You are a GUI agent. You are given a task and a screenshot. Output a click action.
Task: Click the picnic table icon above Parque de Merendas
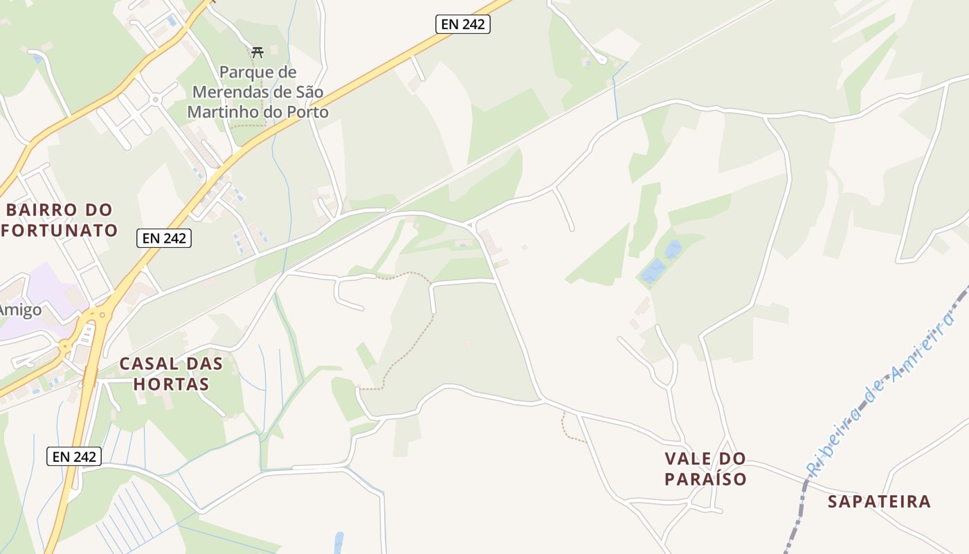pos(257,51)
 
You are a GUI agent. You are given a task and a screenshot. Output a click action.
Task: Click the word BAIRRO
pos(40,210)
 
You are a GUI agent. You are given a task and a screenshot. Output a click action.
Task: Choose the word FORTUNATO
pos(60,230)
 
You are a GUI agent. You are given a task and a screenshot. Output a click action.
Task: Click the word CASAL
pos(150,364)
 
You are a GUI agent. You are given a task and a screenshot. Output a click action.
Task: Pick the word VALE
pos(705,458)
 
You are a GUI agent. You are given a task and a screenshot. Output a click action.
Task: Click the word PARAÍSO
pos(705,479)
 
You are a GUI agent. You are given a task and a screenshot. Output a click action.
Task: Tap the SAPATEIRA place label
pos(879,502)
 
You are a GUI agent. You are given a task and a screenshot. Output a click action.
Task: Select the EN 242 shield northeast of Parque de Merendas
pos(463,24)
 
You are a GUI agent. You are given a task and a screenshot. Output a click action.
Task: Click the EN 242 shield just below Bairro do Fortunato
pos(164,238)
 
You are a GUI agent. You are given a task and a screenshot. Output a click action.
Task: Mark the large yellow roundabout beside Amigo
pos(97,316)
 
